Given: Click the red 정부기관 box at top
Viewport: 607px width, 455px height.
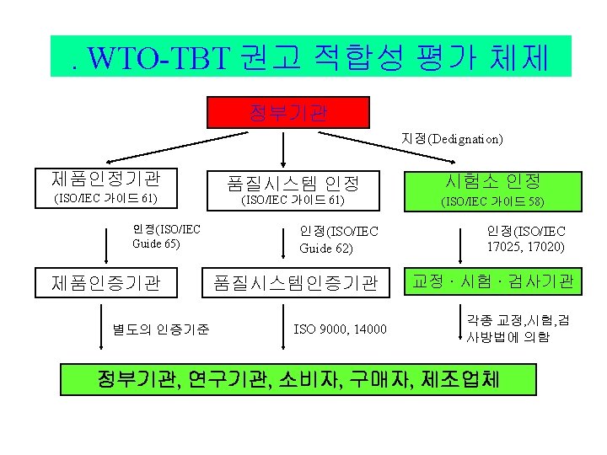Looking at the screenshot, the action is tap(289, 111).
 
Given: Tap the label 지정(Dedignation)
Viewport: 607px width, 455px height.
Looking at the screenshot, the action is tap(452, 137).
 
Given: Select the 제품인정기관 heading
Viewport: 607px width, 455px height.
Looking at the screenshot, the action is tap(105, 179).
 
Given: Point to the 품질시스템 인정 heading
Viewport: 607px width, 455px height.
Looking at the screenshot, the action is tap(293, 182).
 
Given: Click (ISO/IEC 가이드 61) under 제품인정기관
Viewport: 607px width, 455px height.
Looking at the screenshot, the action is tap(105, 200).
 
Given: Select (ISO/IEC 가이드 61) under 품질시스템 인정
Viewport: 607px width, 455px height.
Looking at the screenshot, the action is tap(293, 201).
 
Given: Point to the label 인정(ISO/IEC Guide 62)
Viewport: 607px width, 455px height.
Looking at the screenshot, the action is tap(339, 240).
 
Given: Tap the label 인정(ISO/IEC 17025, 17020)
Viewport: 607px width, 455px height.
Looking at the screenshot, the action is tap(526, 238).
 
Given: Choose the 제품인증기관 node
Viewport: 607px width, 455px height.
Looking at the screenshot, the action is tap(106, 282).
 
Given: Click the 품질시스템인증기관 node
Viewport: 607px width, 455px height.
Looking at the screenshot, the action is tap(295, 283).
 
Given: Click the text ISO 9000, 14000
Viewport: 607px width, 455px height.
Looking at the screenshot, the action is tap(340, 329).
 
